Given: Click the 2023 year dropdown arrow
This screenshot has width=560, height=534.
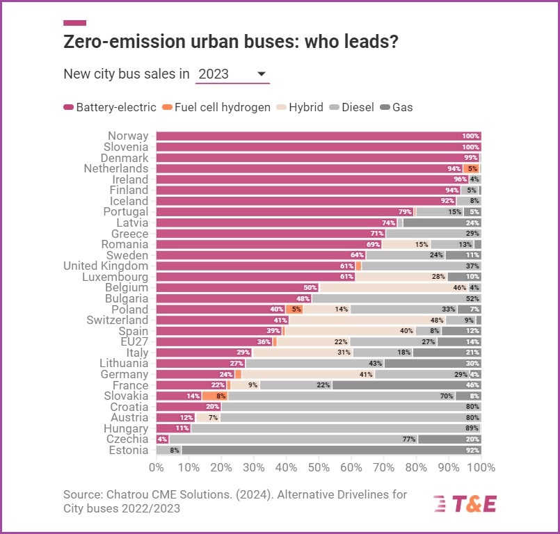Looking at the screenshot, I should coord(262,74).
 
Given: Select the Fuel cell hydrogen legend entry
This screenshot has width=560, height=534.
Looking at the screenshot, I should coord(216,107).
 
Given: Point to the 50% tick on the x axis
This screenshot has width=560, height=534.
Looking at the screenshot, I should coord(318,467).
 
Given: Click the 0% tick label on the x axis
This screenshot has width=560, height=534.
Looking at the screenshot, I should coord(155,467).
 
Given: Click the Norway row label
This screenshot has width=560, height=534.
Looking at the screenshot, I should coord(128,136).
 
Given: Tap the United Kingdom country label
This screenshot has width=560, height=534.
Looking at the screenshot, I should coord(106,266).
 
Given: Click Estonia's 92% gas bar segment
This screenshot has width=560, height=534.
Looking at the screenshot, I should coord(331,450).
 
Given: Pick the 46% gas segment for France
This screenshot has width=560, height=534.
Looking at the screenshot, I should coord(406,385).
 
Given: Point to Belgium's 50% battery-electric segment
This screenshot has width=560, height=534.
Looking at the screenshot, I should coord(237,287).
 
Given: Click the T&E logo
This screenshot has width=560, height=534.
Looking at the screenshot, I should coord(464,504).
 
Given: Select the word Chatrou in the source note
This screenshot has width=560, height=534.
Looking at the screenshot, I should coord(129,494).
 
